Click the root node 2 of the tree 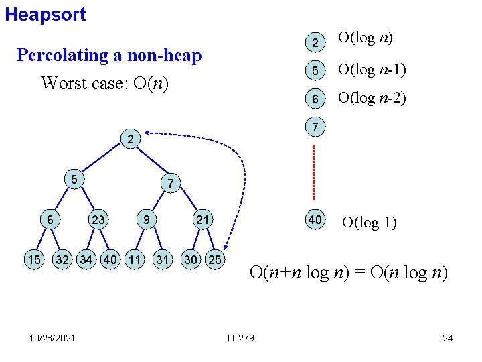pos(130,140)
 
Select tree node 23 pos(99,219)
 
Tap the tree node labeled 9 pos(145,219)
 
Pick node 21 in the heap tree pos(202,219)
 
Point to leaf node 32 pos(63,259)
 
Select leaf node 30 pos(191,259)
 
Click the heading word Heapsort pos(46,15)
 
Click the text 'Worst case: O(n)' pos(104,84)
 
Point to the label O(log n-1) pos(373,69)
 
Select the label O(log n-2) pos(373,98)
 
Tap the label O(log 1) pos(369,222)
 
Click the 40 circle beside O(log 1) pos(314,220)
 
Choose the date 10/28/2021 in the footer pos(52,337)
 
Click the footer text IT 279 pos(240,337)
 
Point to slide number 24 pos(447,337)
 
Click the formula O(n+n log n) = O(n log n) pos(349,273)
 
